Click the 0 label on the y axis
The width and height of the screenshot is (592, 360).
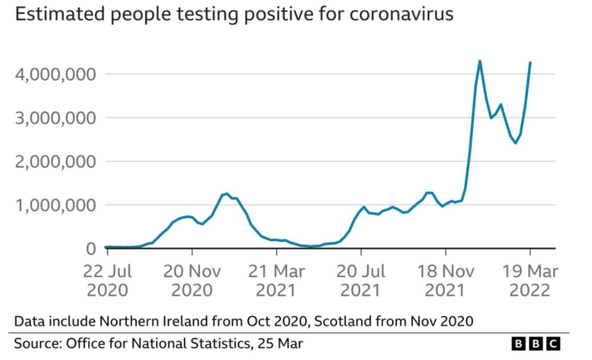click(90, 249)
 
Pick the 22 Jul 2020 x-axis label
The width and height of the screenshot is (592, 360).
click(107, 280)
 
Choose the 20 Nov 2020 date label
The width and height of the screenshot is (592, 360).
click(192, 280)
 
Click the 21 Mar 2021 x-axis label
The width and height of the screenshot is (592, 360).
click(277, 280)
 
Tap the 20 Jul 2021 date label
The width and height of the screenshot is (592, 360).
click(362, 280)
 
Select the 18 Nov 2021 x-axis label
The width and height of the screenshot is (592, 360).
click(446, 280)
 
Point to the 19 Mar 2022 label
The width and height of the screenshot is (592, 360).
click(530, 280)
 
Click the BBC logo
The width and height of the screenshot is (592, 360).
click(536, 343)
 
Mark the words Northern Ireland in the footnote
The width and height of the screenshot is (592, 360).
click(150, 321)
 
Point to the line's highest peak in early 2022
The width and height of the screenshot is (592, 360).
click(480, 60)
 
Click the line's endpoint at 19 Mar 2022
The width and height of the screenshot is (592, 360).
click(530, 62)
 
